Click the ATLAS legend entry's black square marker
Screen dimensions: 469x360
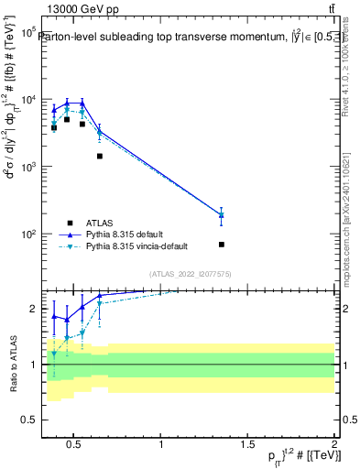[x=70, y=222]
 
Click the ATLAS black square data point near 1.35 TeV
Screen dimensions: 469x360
[x=222, y=245]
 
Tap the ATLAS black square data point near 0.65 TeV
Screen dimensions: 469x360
[x=99, y=156]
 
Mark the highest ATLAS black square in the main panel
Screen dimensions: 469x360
[x=67, y=119]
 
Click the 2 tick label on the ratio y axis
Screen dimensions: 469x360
[x=32, y=309]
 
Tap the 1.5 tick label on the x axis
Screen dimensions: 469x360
[x=248, y=445]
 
